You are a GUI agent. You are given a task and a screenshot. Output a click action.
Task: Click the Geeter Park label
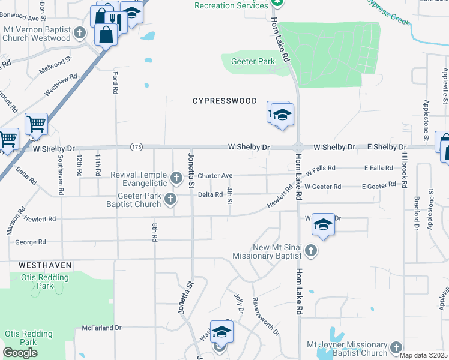point(248,61)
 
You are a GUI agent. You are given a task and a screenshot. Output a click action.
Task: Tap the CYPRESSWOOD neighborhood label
point(224,101)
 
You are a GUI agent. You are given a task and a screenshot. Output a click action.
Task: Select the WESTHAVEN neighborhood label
point(45,265)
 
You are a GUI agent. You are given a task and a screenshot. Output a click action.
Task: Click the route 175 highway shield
point(137,147)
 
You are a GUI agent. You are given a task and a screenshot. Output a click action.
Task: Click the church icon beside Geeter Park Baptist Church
point(170,199)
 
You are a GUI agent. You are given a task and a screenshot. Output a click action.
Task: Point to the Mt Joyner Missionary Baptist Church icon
point(396,347)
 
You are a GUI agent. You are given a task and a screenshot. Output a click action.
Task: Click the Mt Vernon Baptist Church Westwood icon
point(80,32)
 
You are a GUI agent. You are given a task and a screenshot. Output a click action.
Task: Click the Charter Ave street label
point(215,176)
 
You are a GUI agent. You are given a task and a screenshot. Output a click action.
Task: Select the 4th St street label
point(230,196)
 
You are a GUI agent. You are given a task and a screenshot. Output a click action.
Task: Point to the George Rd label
point(31,242)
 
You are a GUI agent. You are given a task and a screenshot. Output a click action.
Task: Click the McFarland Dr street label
point(102,328)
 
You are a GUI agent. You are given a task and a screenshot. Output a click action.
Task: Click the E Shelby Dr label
point(387,147)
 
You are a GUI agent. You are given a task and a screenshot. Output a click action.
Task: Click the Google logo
point(20,353)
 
